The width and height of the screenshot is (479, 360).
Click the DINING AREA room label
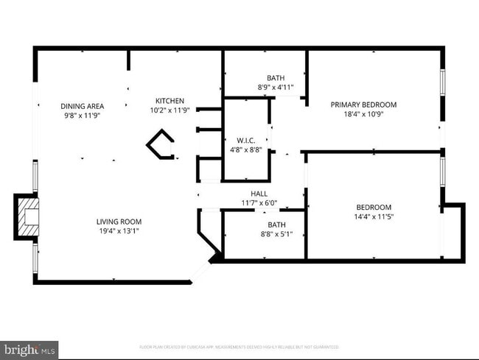82,106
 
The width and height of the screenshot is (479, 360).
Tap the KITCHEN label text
169,101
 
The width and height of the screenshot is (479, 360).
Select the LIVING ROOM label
119,222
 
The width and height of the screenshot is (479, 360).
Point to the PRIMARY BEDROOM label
363,105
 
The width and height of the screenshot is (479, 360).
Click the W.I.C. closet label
246,140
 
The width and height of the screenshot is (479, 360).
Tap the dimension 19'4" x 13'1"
119,230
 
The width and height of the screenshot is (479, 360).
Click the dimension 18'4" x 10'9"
363,113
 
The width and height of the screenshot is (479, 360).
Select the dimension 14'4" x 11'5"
374,216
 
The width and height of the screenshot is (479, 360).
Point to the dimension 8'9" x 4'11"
276,87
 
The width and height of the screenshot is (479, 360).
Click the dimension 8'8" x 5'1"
276,234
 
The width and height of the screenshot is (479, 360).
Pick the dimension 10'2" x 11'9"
169,110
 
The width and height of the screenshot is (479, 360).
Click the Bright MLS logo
29,349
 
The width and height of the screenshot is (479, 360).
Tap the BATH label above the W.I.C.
276,77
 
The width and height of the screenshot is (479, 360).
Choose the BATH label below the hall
276,225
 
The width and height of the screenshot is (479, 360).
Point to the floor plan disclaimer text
239,347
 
